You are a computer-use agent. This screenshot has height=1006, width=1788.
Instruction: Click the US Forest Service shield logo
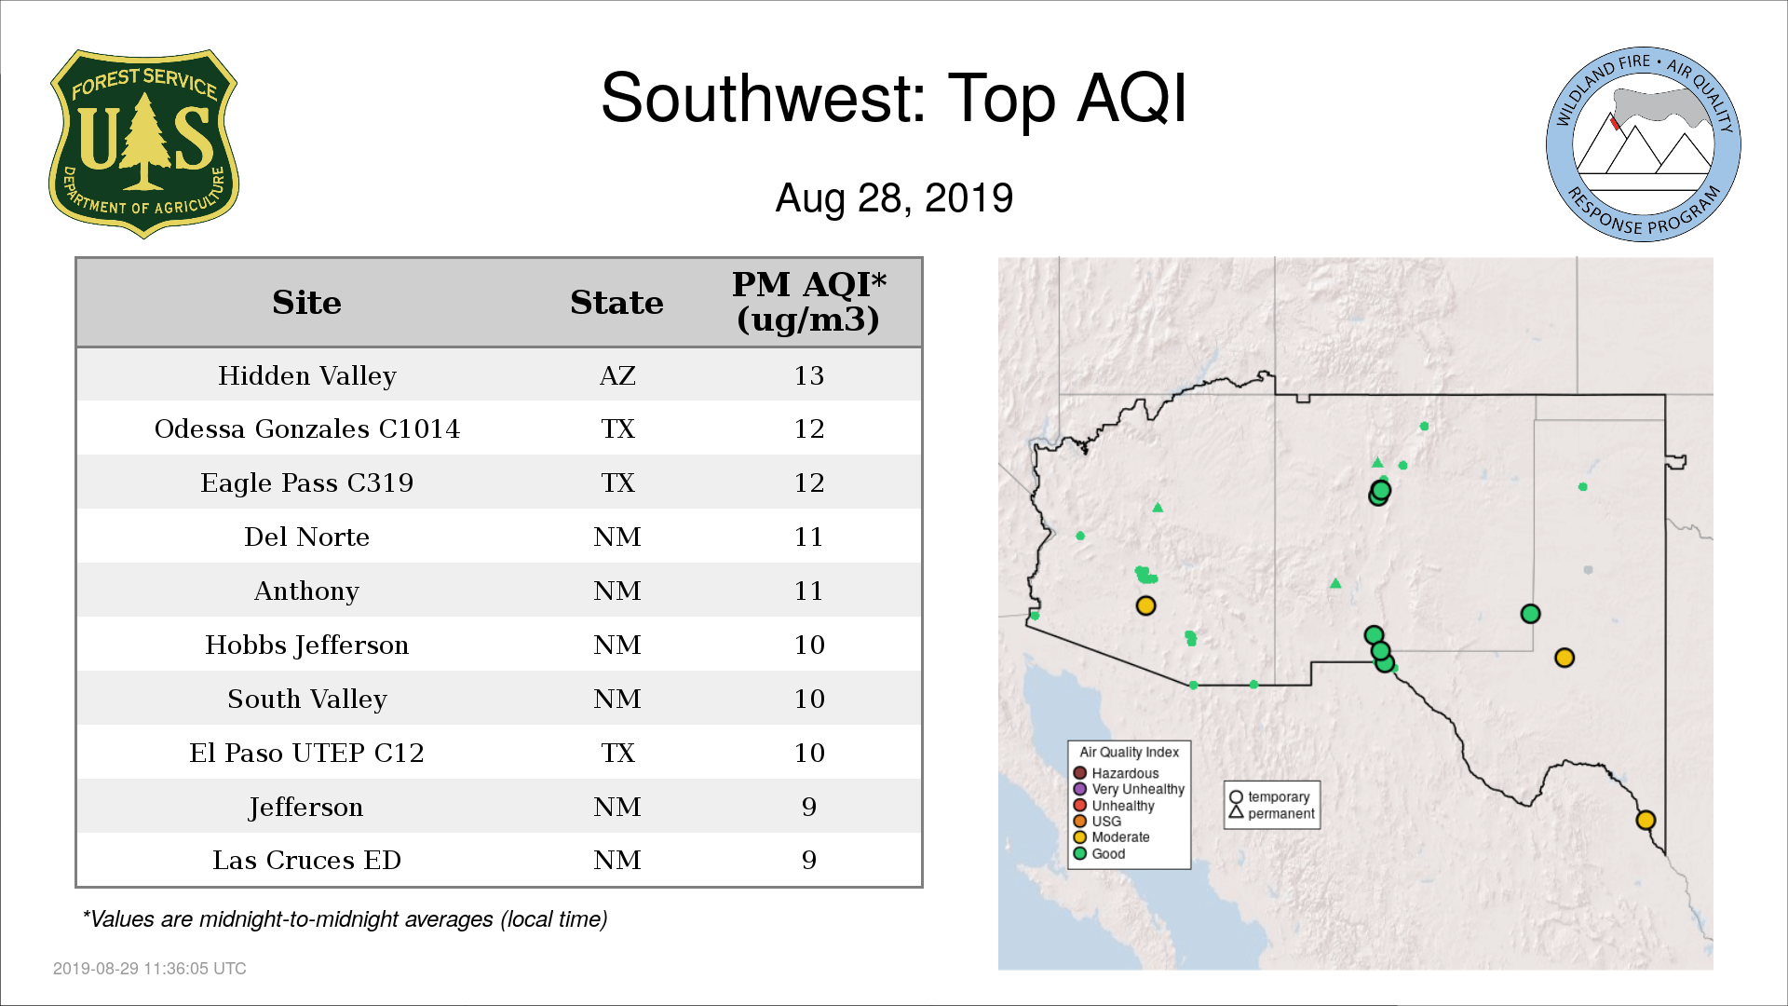(x=143, y=144)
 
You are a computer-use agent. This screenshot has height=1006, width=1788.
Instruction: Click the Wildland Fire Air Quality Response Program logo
(x=1644, y=144)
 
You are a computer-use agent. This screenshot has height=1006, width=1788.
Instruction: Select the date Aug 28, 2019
(x=894, y=197)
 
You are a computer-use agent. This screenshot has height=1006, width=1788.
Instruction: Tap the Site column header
(x=306, y=303)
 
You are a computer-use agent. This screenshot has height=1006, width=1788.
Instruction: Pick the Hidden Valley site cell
(x=307, y=375)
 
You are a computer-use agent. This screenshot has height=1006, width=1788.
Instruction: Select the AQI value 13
(x=808, y=375)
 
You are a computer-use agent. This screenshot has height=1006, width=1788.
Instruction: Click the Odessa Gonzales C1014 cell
(x=307, y=428)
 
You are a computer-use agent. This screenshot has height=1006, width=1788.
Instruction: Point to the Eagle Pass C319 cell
(x=307, y=483)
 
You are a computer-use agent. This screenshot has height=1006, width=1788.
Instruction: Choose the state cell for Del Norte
(x=617, y=537)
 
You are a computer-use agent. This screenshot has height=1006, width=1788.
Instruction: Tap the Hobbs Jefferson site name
(x=307, y=645)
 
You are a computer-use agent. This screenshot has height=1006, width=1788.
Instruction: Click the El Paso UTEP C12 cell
(x=307, y=753)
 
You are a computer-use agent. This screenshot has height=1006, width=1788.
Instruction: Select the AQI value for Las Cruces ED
(x=808, y=860)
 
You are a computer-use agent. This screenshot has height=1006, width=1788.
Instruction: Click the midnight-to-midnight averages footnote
(x=345, y=919)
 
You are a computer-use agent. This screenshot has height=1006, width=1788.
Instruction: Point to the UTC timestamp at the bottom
(x=150, y=969)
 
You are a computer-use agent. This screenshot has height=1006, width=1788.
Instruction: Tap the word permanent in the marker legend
(x=1281, y=813)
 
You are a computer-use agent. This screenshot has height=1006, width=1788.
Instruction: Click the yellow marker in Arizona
(x=1145, y=605)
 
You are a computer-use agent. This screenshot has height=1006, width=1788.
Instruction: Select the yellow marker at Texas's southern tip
(x=1646, y=820)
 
